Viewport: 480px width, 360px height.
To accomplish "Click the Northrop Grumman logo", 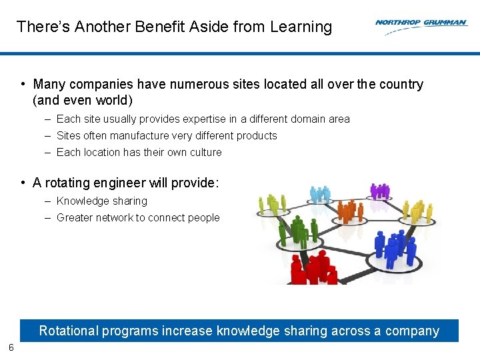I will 421,23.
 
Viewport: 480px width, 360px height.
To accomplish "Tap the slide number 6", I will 11,347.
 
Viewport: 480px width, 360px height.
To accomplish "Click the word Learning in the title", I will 301,27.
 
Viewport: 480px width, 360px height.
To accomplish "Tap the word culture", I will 205,152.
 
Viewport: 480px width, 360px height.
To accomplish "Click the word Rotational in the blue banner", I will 69,331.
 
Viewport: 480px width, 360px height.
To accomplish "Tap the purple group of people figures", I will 380,191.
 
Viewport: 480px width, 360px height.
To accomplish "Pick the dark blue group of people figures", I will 395,247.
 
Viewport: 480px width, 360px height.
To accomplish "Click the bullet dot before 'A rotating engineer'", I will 23,183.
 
